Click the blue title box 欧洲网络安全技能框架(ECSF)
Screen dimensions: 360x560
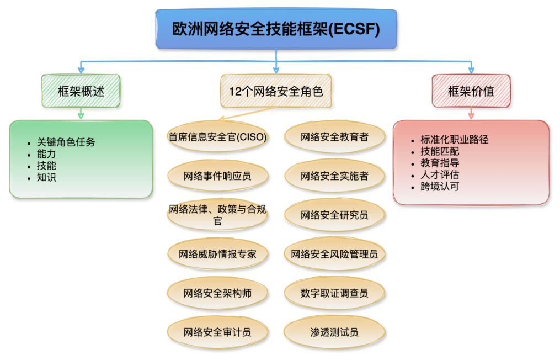[276, 29]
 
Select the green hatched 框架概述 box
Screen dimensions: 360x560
[81, 91]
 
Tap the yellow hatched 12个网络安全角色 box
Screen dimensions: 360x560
[275, 91]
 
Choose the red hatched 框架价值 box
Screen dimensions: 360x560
[471, 91]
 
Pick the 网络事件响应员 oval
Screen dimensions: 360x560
[217, 176]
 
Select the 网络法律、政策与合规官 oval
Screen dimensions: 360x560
[217, 215]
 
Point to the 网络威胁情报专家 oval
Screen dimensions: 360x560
[217, 254]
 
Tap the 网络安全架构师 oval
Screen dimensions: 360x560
[217, 293]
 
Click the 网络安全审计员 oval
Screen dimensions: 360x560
[217, 332]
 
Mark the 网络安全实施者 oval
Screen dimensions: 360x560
[334, 176]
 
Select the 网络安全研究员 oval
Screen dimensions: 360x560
[334, 215]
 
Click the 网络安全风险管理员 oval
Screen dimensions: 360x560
[334, 254]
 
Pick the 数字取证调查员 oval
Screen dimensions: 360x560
[334, 293]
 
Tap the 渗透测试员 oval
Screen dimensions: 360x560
[334, 332]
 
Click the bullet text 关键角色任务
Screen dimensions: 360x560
[66, 142]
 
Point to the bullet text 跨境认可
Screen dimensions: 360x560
[440, 186]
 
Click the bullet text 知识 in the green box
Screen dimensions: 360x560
[46, 177]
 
